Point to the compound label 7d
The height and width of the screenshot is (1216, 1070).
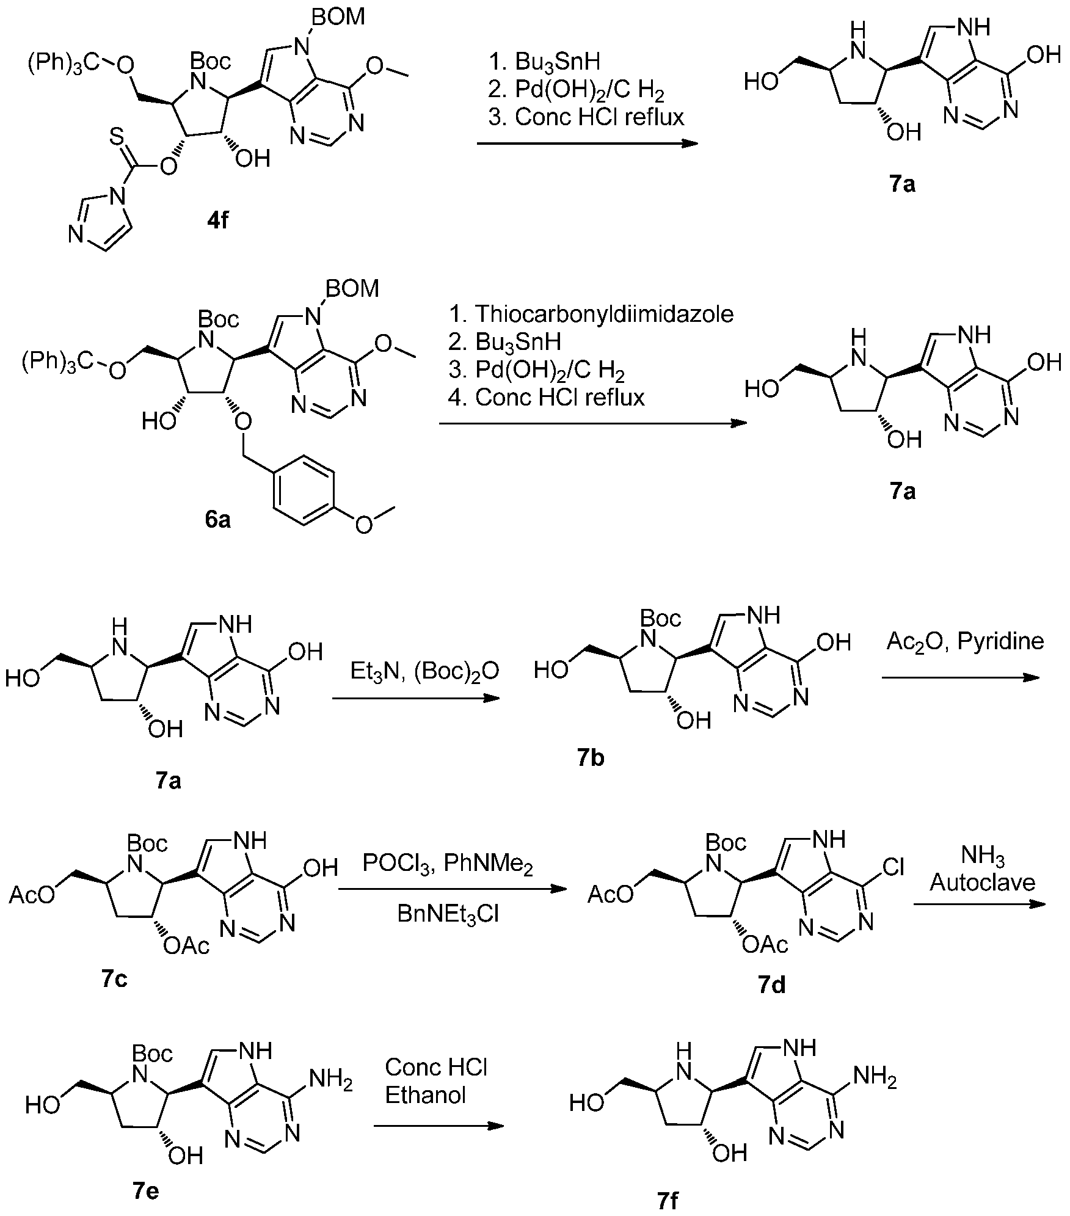pos(771,985)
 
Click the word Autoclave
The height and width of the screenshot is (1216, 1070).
pos(983,883)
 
